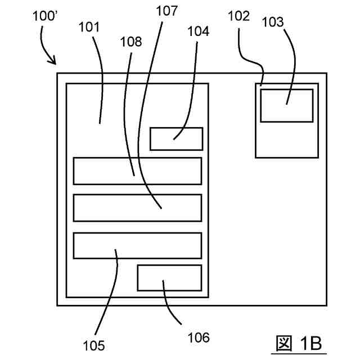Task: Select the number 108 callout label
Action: click(x=130, y=41)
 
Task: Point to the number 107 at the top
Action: click(x=164, y=11)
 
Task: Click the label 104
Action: click(x=197, y=31)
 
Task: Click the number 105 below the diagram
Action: click(x=93, y=344)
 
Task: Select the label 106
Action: click(x=197, y=337)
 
